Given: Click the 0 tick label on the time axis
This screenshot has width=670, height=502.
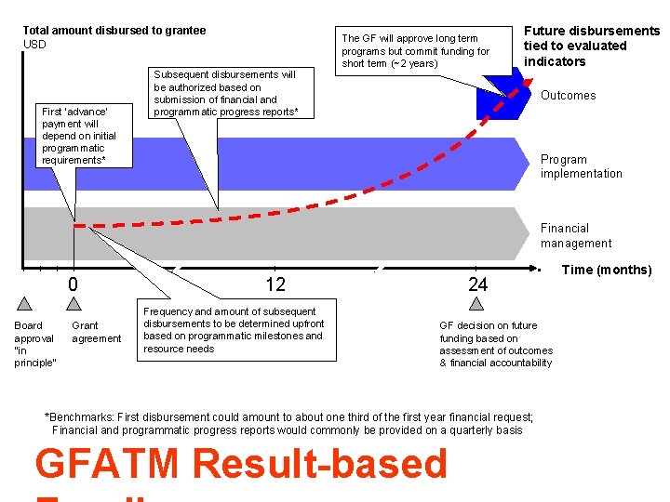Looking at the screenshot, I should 74,284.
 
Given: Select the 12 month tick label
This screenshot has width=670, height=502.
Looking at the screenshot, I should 275,284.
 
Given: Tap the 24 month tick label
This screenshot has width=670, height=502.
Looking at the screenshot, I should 477,284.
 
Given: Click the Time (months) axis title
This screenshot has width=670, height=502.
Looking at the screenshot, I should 609,271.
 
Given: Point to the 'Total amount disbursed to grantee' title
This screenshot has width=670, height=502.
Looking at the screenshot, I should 114,31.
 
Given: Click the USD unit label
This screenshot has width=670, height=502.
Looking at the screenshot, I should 34,45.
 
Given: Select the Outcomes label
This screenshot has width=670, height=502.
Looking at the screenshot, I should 568,96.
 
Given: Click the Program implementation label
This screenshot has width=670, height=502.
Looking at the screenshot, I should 582,166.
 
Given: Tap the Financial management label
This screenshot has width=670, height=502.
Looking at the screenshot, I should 576,235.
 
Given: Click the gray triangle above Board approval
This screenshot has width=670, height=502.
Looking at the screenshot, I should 24,302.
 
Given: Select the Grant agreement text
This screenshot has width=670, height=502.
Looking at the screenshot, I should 96,332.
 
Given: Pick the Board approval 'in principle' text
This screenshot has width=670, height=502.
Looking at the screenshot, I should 34,344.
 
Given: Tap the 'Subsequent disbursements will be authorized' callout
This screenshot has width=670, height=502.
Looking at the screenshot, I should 226,93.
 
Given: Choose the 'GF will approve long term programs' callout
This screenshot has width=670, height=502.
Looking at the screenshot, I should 415,51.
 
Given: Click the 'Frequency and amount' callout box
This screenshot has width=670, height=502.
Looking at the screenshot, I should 234,330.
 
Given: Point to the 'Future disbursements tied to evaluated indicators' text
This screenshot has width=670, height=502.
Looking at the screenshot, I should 591,46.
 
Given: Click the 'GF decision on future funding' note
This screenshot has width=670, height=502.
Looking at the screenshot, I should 496,344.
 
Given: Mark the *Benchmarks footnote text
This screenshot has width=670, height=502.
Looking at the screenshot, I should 288,423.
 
